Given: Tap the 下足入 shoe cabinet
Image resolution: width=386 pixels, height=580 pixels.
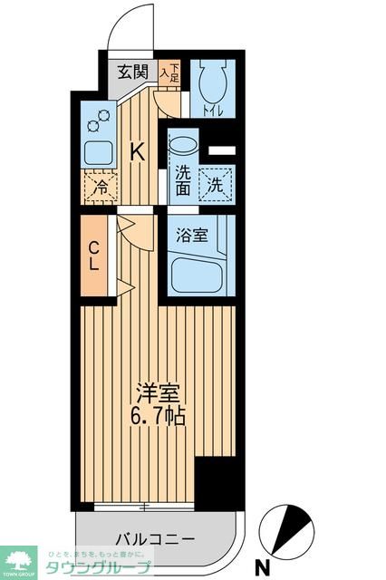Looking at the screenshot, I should (x=169, y=73).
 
